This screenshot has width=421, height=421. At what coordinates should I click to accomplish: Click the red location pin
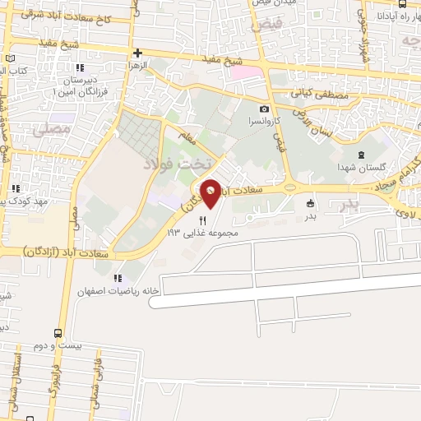[x=211, y=192]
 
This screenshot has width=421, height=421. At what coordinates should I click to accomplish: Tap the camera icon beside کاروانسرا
[x=264, y=109]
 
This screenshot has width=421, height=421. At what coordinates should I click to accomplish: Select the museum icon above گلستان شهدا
[x=359, y=155]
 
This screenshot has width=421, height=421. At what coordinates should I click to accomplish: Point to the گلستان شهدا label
[x=359, y=167]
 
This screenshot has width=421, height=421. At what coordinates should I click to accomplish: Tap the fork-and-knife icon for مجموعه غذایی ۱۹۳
[x=202, y=220]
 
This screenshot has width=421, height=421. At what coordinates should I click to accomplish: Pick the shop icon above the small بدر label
[x=310, y=204]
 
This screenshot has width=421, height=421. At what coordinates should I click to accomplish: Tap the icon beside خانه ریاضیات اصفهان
[x=118, y=278]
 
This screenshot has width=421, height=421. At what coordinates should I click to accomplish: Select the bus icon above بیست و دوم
[x=57, y=334]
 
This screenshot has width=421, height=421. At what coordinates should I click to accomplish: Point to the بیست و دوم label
[x=62, y=347]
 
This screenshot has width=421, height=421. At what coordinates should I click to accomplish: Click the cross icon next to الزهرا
[x=138, y=53]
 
